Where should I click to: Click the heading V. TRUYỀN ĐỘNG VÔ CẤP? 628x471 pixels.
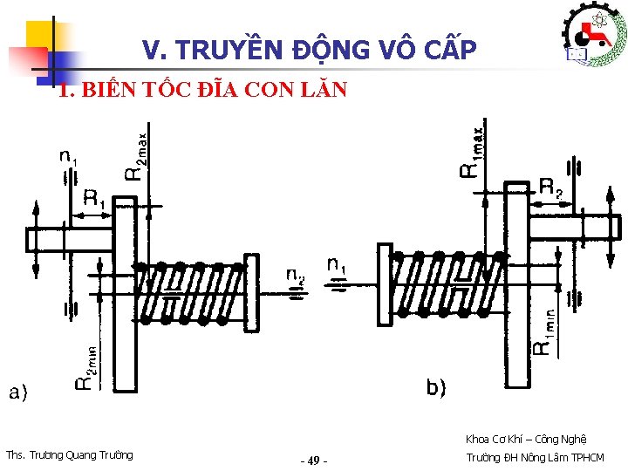[x=310, y=51]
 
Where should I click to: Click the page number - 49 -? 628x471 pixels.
[x=313, y=460]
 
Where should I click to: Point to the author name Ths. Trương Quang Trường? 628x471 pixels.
[x=70, y=454]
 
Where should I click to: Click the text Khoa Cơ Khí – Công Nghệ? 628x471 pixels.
[x=526, y=439]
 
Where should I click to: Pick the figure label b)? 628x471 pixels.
[x=436, y=386]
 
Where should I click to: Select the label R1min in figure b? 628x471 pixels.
[x=543, y=328]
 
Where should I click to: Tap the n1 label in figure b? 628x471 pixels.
[x=338, y=264]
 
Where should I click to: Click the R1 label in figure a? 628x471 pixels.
[x=93, y=199]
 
